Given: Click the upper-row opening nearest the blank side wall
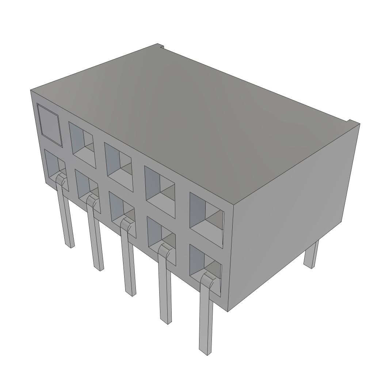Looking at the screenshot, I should coord(206,216).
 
